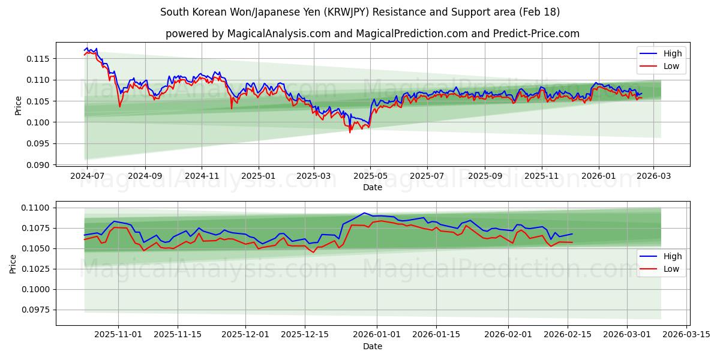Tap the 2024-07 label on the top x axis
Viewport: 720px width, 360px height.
pos(87,176)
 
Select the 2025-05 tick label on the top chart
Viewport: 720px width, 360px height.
pos(370,176)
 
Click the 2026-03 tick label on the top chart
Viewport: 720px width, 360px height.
pos(653,176)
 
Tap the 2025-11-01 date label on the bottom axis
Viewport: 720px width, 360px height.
pos(118,334)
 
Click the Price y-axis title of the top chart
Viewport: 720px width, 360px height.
pos(18,105)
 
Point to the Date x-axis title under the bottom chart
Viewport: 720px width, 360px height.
pos(373,346)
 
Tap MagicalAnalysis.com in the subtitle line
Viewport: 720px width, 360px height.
pos(278,34)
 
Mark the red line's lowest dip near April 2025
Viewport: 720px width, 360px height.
pos(350,132)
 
